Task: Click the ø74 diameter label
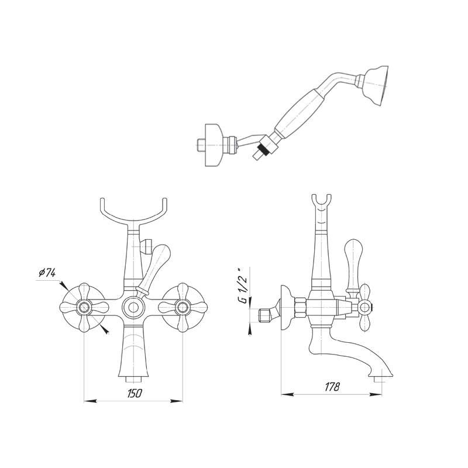click(x=47, y=273)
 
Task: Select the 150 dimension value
click(x=135, y=393)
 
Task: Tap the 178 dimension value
click(x=332, y=387)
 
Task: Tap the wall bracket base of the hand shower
click(x=214, y=144)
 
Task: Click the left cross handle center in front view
click(x=84, y=307)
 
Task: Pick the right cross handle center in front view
click(x=182, y=307)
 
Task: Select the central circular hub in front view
click(x=133, y=307)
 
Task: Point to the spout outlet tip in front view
click(x=133, y=380)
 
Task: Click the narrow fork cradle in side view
click(x=321, y=203)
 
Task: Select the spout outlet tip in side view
click(x=377, y=379)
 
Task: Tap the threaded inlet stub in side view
click(x=264, y=315)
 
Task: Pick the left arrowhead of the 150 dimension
click(x=90, y=401)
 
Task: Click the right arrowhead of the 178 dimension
click(x=376, y=394)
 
